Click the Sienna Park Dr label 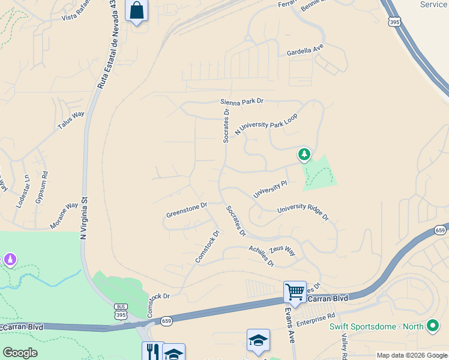(242, 102)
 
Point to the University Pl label (271, 188)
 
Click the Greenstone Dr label (186, 210)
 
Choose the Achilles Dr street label (262, 256)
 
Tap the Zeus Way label (282, 250)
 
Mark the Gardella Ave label (305, 51)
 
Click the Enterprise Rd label (315, 320)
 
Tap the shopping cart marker (295, 292)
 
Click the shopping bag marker (137, 10)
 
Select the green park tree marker (304, 155)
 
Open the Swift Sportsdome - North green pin (433, 326)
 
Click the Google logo (20, 353)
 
